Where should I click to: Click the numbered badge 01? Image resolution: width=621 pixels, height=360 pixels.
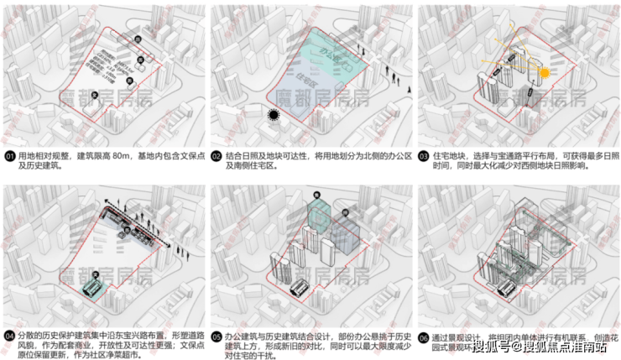(x=8, y=156)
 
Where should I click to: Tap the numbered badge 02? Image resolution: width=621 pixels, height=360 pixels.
(x=217, y=156)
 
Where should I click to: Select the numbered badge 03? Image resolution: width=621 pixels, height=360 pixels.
(x=424, y=156)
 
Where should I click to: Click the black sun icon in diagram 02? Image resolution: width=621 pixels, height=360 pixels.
(x=273, y=116)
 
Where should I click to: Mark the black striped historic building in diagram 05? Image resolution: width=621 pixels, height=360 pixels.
(x=298, y=286)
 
